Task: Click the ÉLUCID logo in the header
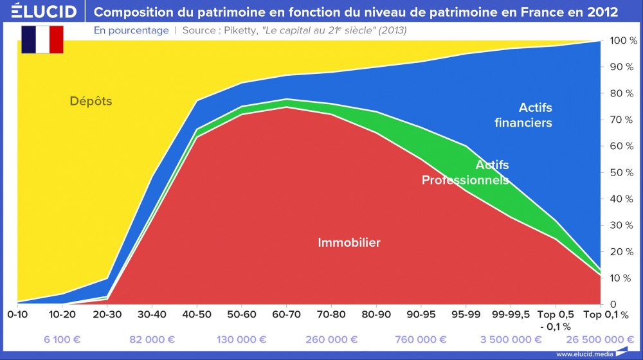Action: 39,12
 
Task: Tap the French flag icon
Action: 42,40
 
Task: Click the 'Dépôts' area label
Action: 91,102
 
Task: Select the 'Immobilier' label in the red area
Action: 349,242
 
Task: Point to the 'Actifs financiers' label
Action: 523,115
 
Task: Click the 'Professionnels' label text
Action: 464,181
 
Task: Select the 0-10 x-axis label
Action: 18,315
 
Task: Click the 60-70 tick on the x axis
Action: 285,315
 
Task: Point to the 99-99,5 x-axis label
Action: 511,315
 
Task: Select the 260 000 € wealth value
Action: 331,339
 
